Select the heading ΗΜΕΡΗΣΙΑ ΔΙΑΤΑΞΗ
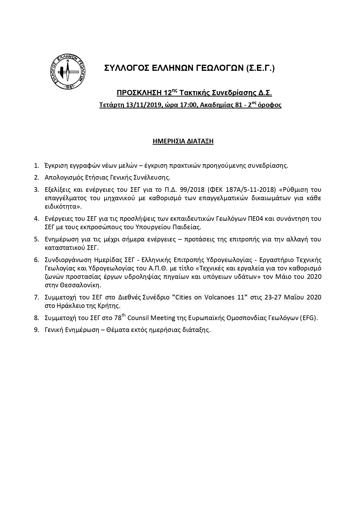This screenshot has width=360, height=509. (x=183, y=141)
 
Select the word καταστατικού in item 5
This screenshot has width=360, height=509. (x=65, y=248)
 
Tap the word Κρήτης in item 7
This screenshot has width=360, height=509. (x=110, y=306)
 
